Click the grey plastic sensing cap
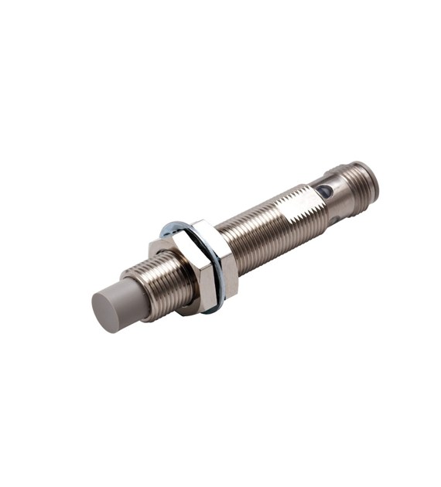click(x=116, y=305)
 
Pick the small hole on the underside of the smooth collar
click(x=333, y=220)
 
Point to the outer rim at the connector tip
click(x=374, y=179)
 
